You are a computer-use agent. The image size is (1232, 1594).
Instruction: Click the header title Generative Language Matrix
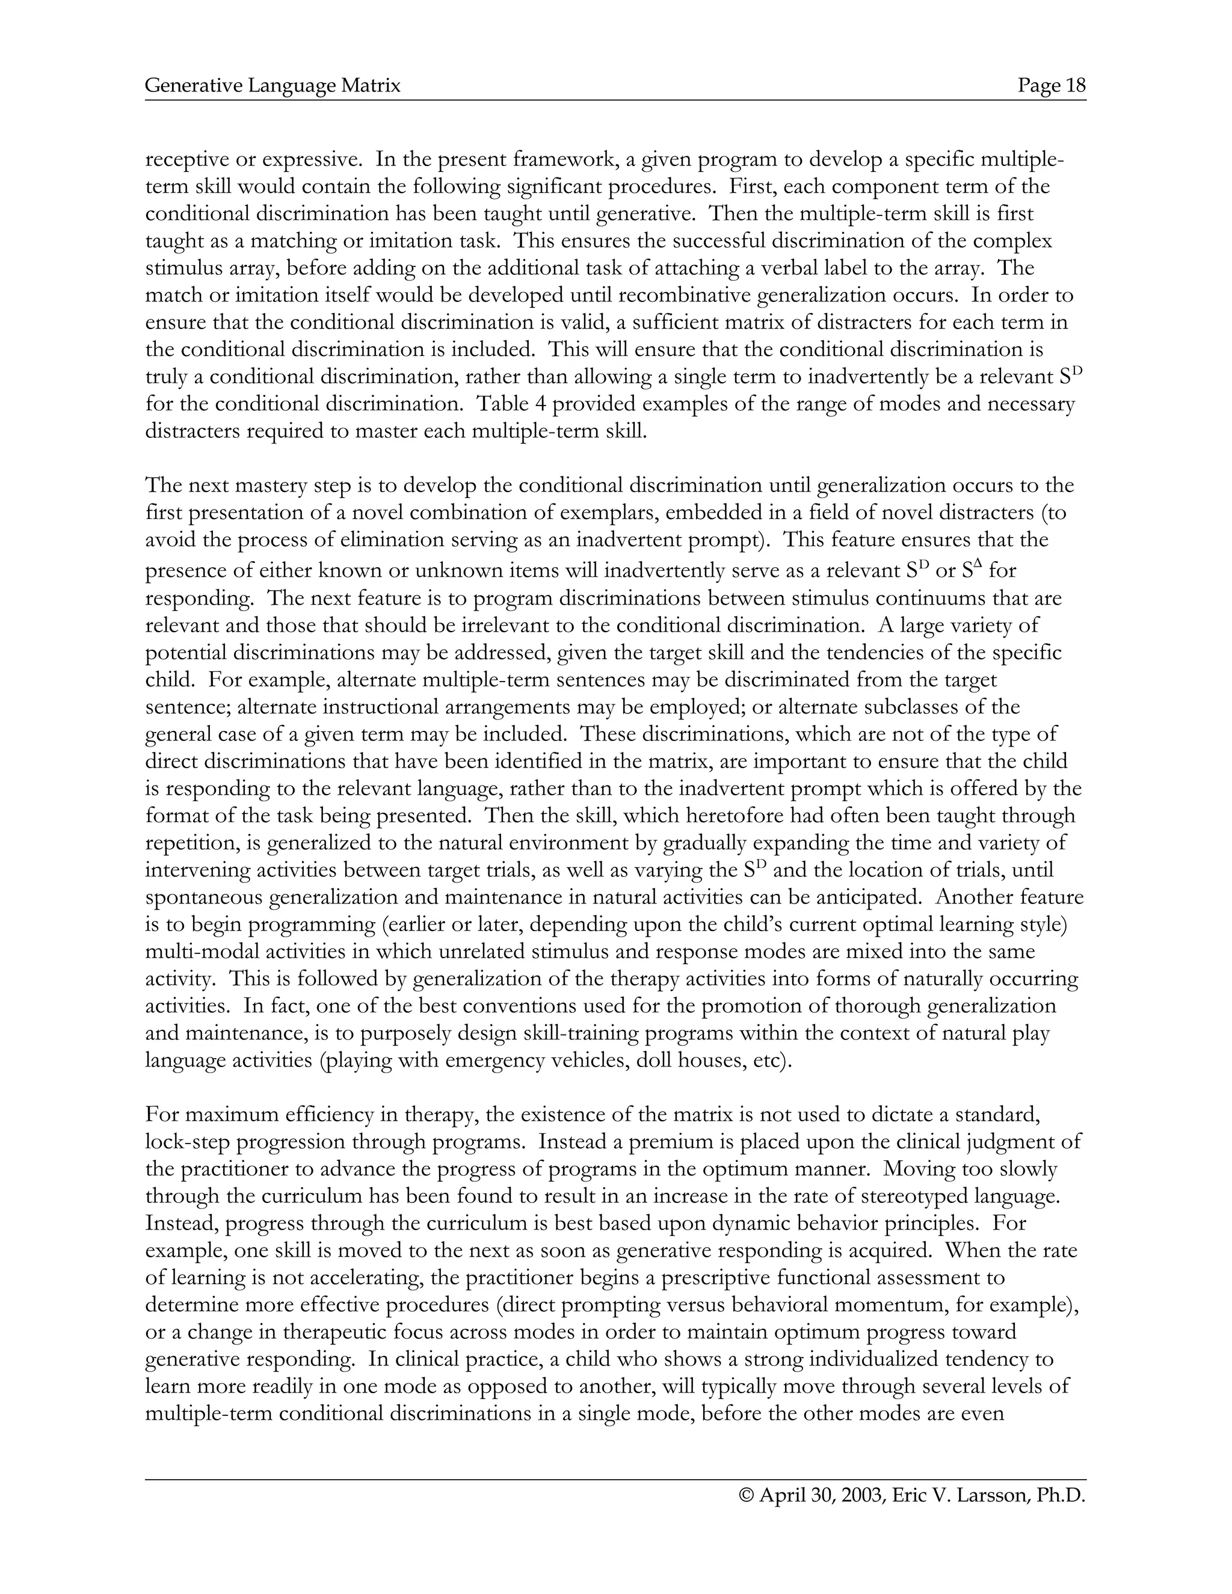(273, 86)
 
